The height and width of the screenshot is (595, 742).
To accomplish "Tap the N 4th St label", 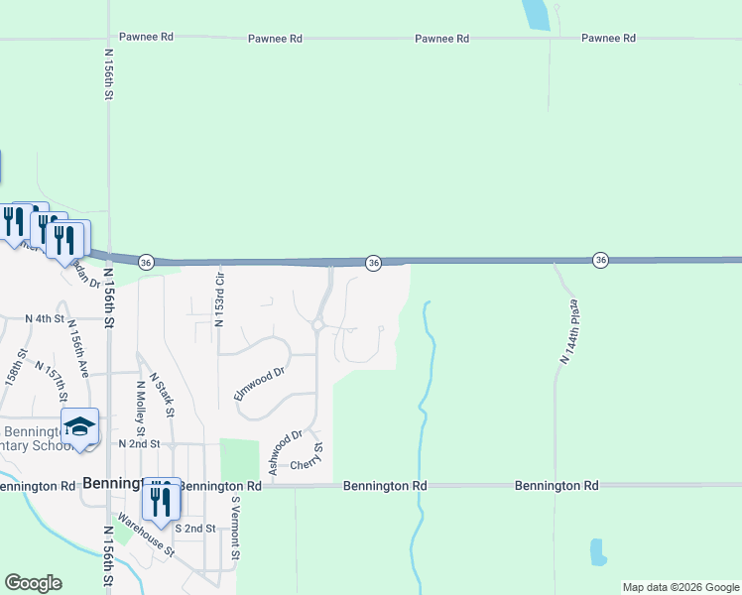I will (x=45, y=319).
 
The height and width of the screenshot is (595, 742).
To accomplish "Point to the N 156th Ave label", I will (x=79, y=354).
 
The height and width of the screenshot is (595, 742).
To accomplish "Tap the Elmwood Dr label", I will (x=259, y=383).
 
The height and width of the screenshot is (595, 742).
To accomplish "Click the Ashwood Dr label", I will (x=284, y=451).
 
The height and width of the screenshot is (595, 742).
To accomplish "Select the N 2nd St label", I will (x=138, y=444).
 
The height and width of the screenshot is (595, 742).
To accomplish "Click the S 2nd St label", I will (x=196, y=529).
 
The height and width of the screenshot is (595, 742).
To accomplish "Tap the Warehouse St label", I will (x=145, y=534).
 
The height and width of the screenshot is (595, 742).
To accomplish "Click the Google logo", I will (x=33, y=583).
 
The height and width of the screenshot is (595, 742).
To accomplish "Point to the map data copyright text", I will (x=680, y=587).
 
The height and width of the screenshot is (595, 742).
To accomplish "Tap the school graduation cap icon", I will (x=79, y=427).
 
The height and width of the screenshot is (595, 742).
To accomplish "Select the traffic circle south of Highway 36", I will (x=318, y=324).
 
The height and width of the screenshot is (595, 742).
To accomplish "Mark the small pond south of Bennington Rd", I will (x=597, y=552).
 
